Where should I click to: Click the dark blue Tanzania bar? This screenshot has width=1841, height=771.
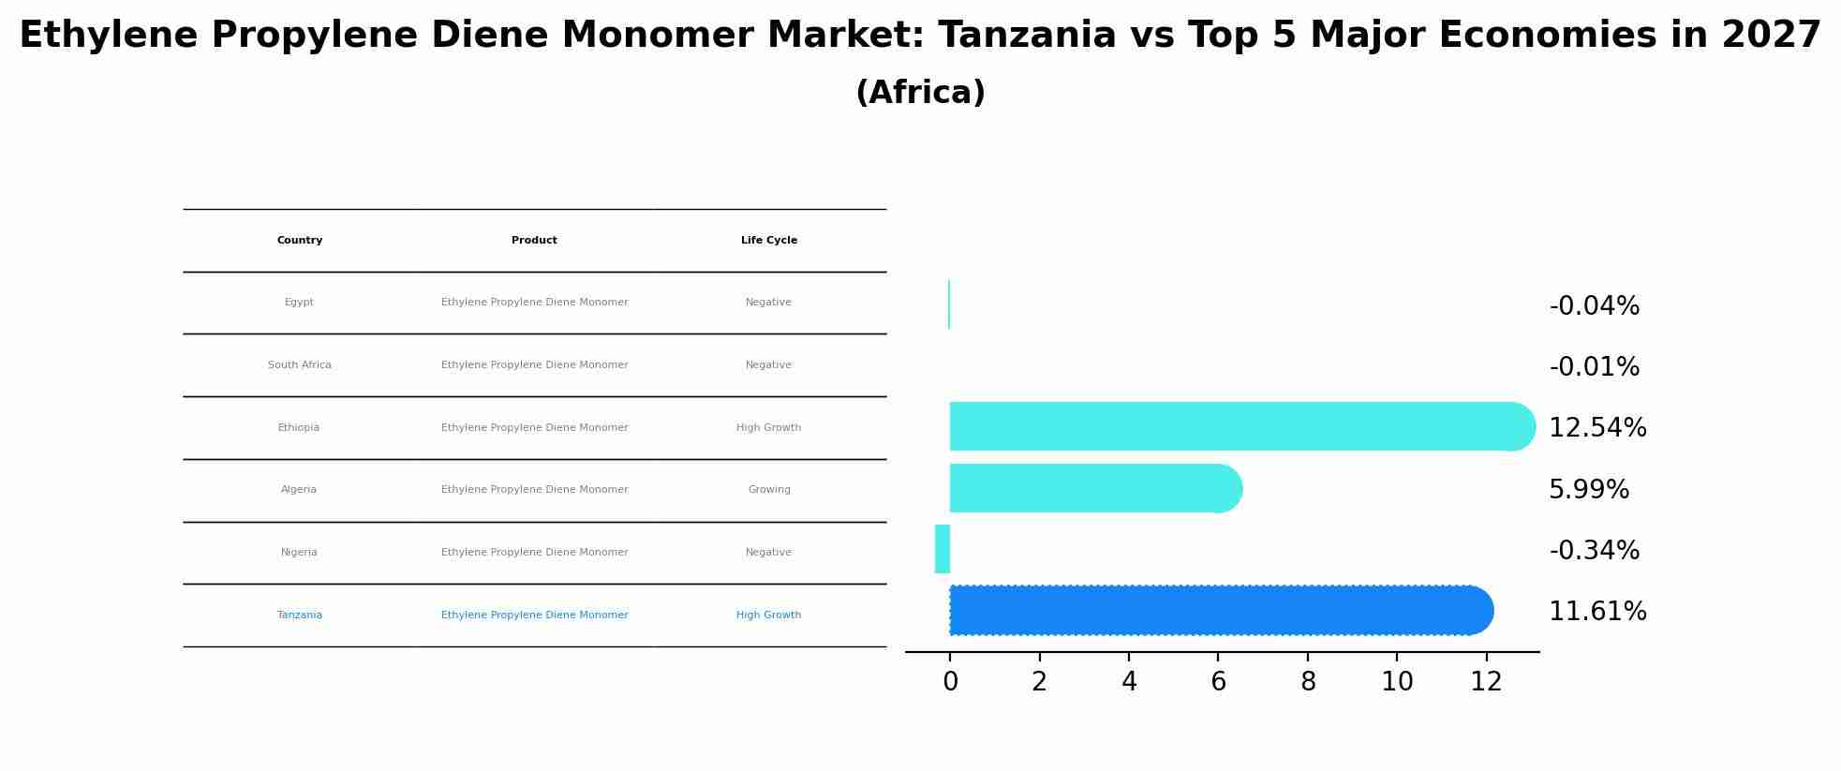1221,611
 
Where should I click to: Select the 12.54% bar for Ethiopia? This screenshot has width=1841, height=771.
1242,427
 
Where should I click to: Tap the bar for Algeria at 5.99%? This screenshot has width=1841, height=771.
1096,488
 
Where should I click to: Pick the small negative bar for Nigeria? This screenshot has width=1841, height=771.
943,549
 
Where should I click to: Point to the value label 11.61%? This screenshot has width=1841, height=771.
1597,612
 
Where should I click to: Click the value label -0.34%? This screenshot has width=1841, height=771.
1595,551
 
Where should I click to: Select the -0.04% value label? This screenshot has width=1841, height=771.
1595,306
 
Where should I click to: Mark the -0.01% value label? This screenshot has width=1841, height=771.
1595,367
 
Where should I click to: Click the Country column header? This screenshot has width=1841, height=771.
300,241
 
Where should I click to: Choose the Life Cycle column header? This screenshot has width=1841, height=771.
769,241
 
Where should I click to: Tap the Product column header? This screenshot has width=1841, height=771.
534,241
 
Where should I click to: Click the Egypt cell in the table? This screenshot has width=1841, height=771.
299,303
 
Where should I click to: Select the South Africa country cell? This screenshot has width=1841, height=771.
300,365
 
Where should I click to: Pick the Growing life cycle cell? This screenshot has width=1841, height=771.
769,490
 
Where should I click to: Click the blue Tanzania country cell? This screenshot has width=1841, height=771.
300,615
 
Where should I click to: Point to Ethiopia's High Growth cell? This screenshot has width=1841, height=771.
769,428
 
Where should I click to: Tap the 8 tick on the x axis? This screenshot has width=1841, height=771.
1308,682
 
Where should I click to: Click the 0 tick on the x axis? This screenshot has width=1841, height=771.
950,682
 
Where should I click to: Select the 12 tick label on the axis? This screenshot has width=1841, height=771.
1487,682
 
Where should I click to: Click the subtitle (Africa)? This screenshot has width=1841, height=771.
920,93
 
